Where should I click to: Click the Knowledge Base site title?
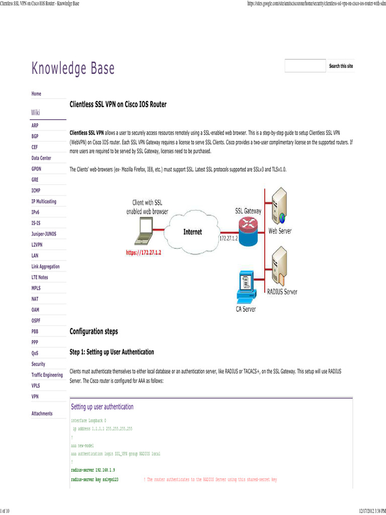click(x=73, y=68)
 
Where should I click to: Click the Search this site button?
click(x=341, y=66)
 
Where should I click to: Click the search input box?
click(x=305, y=66)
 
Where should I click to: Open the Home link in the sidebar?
click(x=36, y=94)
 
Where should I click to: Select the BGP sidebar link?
click(x=35, y=136)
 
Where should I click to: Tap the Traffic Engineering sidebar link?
click(x=47, y=375)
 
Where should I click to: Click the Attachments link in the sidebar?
click(x=42, y=413)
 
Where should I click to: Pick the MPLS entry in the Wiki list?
click(x=36, y=288)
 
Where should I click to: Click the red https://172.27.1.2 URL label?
click(x=146, y=252)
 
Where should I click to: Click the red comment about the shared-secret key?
click(x=210, y=480)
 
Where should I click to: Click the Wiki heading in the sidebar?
click(x=36, y=112)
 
